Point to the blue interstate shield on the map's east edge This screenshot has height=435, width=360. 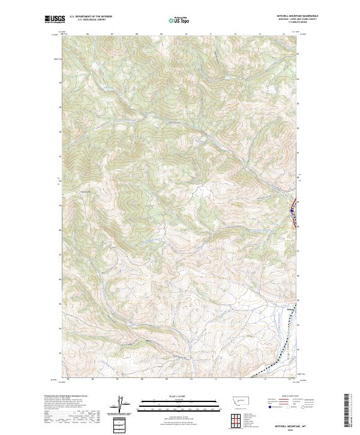(x=292, y=211)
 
